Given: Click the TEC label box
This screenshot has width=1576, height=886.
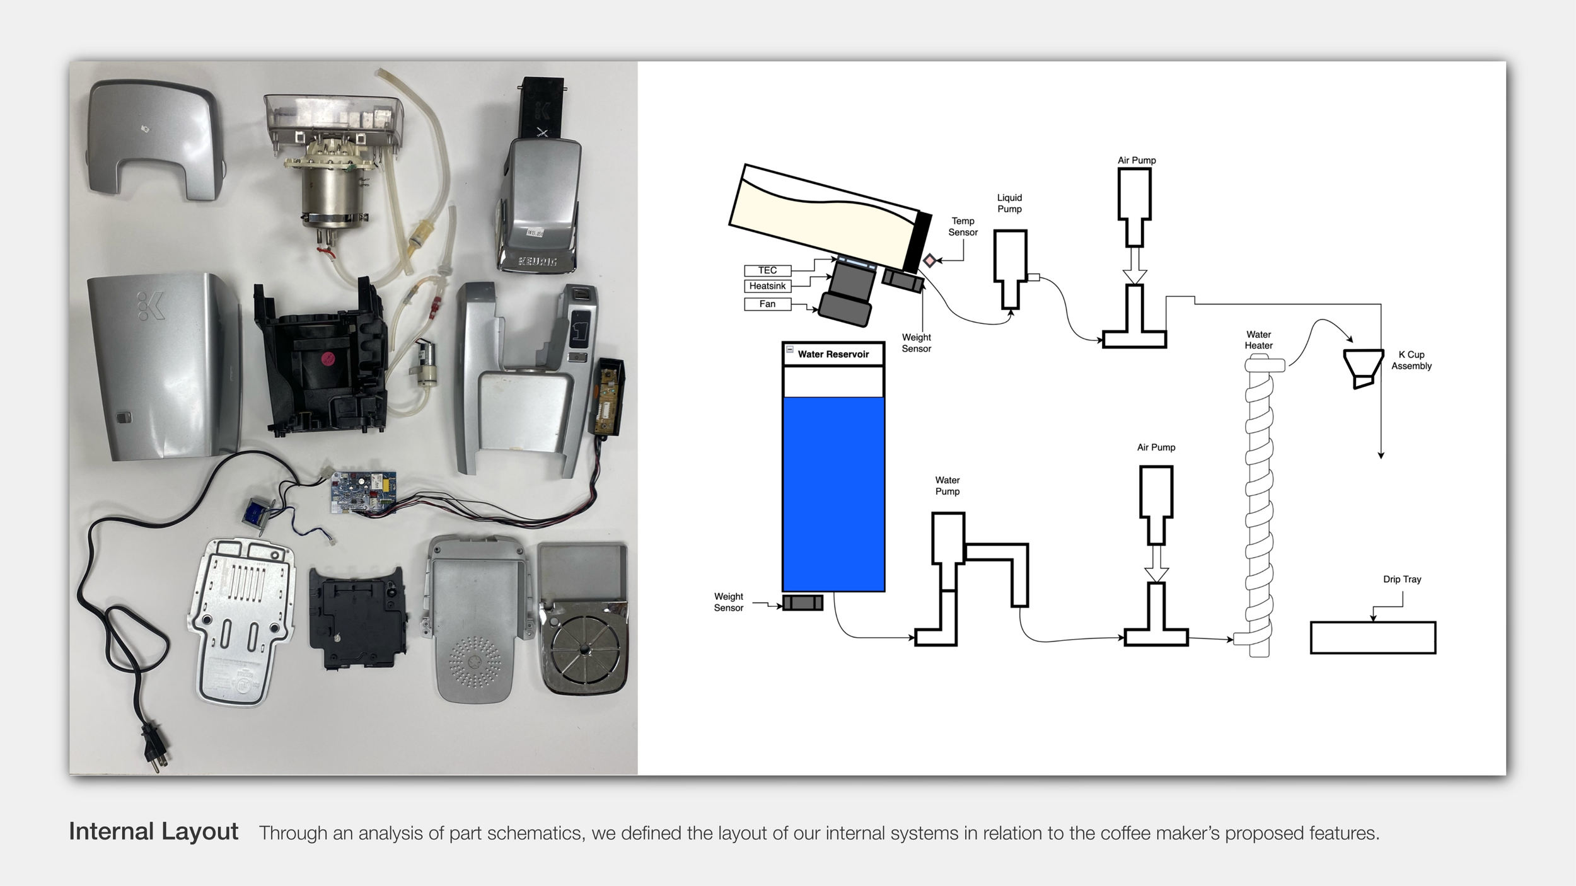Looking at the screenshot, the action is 767,270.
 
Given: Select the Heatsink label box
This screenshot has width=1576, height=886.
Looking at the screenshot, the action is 767,286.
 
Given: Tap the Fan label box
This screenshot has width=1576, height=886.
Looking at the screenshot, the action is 767,304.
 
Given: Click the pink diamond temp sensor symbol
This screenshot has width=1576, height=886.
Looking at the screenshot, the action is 929,260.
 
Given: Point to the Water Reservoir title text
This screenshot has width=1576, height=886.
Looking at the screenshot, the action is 833,354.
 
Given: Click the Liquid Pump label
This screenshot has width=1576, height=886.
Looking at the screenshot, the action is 1009,203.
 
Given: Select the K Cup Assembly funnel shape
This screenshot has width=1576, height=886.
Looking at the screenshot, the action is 1363,369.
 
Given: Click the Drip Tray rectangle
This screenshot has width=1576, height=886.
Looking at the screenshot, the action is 1373,638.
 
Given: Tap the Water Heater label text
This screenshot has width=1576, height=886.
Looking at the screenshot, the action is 1258,340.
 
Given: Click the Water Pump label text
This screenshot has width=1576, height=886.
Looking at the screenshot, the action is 947,486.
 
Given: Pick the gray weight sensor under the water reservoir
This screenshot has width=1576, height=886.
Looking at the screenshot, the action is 802,602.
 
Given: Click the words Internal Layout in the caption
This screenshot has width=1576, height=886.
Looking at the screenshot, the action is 153,832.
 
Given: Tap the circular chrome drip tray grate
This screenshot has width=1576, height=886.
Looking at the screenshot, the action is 585,651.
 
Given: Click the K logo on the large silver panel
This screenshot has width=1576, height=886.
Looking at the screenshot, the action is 151,306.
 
